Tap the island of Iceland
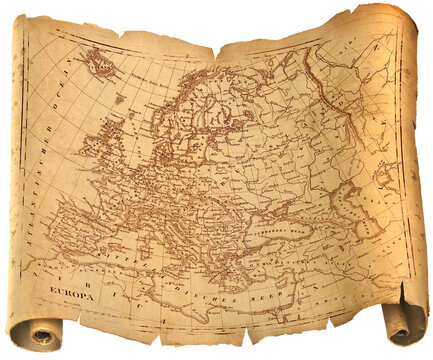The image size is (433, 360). click(x=100, y=65)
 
